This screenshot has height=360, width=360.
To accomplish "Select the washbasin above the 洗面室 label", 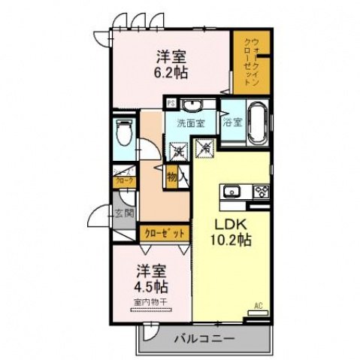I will click(x=191, y=105).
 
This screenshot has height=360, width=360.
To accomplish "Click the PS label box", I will click(x=171, y=103).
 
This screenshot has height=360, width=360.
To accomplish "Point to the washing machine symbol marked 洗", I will click(x=179, y=150).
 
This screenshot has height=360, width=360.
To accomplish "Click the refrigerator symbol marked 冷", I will click(x=204, y=150).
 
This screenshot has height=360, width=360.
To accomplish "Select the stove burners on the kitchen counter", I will click(x=261, y=190).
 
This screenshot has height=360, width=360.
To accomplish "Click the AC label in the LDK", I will click(x=258, y=306).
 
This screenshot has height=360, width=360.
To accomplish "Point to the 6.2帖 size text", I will click(x=172, y=73).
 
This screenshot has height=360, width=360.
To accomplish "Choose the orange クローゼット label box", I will click(x=163, y=233).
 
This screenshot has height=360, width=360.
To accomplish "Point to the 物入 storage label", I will click(x=173, y=177).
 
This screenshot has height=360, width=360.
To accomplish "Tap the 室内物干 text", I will click(x=152, y=302).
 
